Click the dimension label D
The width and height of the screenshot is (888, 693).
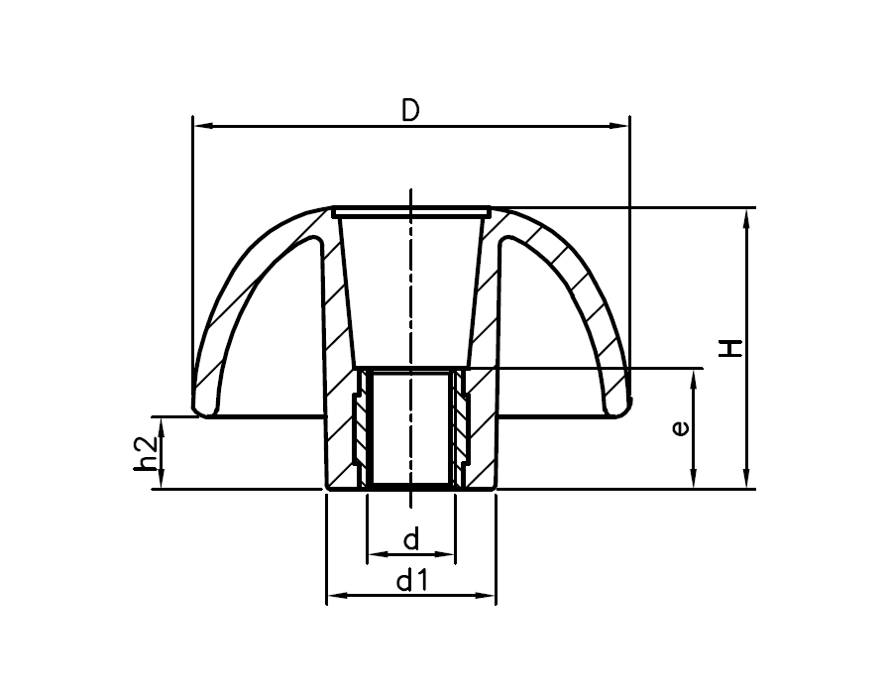point(410,110)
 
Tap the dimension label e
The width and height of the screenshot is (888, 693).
point(679,427)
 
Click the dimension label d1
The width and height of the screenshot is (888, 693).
point(411,581)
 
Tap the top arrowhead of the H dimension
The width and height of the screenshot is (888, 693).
point(747,217)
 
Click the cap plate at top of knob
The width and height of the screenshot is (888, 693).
point(411,211)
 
